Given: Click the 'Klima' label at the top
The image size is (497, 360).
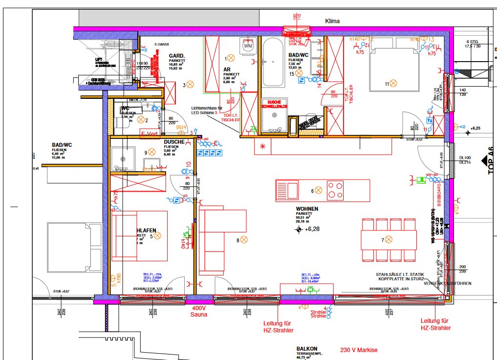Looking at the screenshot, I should pos(332,21).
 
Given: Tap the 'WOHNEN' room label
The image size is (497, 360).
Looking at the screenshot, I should pos(307,209).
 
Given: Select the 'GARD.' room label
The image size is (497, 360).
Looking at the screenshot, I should pos(176,56).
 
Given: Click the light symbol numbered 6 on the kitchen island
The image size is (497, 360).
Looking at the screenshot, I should pos(318,190).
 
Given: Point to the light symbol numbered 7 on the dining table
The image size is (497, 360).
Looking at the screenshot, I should pos(389,240).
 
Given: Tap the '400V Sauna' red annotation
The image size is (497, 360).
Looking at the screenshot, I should pos(199,312).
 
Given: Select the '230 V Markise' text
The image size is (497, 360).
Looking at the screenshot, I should pos(359,350).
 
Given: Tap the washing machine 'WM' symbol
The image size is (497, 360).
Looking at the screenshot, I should pos(248,46).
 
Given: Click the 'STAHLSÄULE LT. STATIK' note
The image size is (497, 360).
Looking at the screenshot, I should pos(400,274).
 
